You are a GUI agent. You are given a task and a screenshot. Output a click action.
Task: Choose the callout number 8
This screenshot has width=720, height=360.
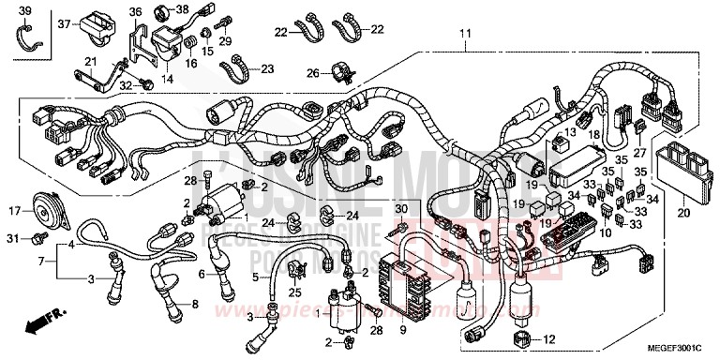(x=195, y=305)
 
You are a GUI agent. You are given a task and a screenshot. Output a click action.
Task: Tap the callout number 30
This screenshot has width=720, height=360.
(x=401, y=209)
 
